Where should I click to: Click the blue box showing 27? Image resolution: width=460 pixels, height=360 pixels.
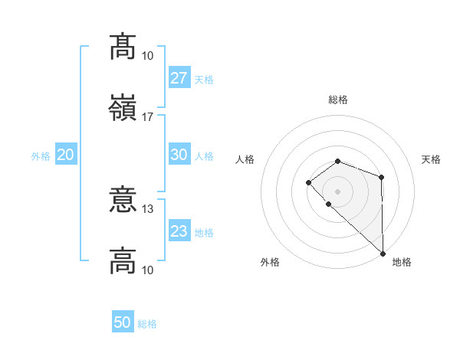(x=179, y=78)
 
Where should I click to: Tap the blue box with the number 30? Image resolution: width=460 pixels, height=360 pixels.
(x=179, y=155)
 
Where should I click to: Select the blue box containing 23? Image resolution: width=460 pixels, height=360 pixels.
(x=179, y=231)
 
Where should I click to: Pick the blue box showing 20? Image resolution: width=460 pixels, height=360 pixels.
(x=66, y=155)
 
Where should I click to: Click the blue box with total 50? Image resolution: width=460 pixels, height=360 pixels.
(x=123, y=322)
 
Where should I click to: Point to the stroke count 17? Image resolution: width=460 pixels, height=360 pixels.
(x=148, y=117)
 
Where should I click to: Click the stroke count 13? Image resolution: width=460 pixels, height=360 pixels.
(x=148, y=208)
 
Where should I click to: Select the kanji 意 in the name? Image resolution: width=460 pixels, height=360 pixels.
(x=123, y=199)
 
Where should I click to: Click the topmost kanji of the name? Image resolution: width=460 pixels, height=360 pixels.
(x=123, y=47)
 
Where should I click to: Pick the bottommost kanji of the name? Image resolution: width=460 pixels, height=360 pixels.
(x=123, y=260)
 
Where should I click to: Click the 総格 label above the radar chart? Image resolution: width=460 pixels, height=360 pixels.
(x=338, y=100)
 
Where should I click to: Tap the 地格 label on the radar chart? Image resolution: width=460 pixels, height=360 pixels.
(x=402, y=263)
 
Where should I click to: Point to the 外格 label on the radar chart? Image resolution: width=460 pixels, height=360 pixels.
(x=270, y=263)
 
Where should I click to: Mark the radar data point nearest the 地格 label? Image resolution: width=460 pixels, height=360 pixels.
(x=383, y=253)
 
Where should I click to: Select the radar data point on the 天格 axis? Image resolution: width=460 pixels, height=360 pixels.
(x=381, y=178)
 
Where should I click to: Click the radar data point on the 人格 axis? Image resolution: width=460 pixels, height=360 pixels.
(x=308, y=182)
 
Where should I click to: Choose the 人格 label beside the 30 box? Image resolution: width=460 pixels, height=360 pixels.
(x=204, y=156)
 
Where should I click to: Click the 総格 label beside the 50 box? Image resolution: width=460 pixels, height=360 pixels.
(x=147, y=324)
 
